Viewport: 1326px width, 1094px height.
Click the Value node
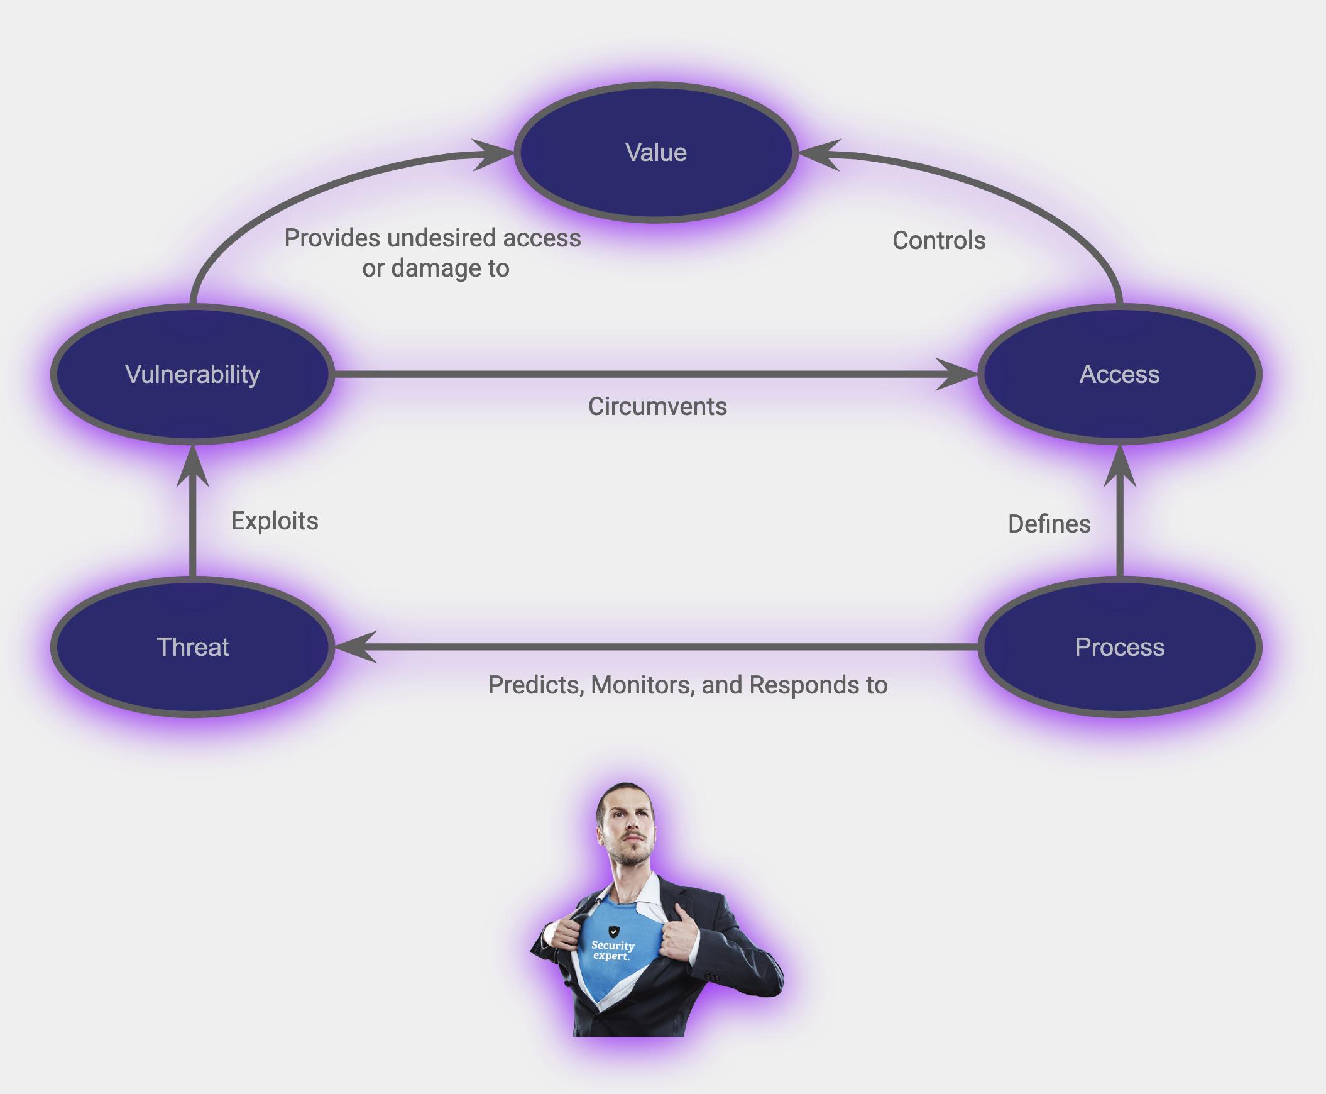655,153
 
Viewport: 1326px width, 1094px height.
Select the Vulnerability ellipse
192,374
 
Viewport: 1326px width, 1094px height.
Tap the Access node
1119,374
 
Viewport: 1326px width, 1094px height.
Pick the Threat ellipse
192,647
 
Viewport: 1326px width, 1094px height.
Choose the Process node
1119,647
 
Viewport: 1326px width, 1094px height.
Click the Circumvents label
657,406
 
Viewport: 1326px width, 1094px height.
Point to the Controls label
939,241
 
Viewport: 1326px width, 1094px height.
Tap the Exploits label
275,521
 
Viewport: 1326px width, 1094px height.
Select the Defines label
1049,524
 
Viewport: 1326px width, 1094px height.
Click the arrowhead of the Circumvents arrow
956,374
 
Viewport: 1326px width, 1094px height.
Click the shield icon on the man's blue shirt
613,931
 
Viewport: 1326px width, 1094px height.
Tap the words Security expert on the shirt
612,950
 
